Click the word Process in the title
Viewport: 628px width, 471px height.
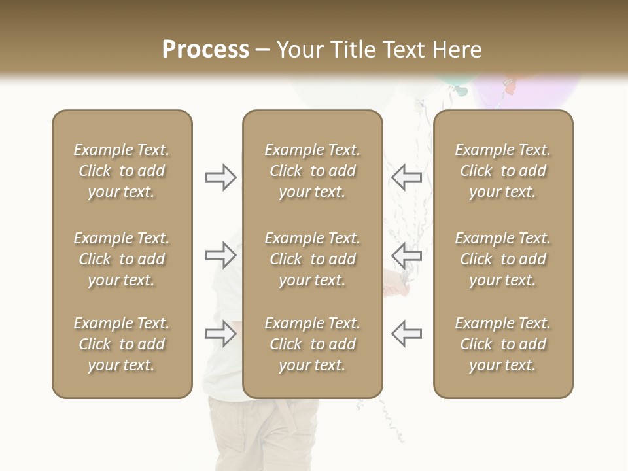click(x=205, y=50)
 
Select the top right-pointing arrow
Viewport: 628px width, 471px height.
click(x=221, y=177)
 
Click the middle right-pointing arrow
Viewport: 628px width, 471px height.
click(x=221, y=254)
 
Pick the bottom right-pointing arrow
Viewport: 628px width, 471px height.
click(x=221, y=334)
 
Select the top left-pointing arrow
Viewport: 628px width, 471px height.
click(x=406, y=177)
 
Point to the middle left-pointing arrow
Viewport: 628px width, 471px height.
click(x=406, y=254)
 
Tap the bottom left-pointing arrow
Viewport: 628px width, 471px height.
click(x=406, y=334)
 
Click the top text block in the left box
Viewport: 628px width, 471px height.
click(x=122, y=171)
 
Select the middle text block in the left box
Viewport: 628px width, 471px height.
click(x=122, y=259)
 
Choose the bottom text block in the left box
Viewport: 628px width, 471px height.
click(x=122, y=344)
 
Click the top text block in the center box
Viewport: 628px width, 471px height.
click(x=313, y=171)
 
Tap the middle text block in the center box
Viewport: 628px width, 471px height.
click(x=313, y=259)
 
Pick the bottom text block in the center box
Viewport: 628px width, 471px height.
click(x=313, y=344)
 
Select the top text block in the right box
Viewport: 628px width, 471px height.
click(x=503, y=171)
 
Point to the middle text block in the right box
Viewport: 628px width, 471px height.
click(x=503, y=259)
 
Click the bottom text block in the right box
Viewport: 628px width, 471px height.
click(x=503, y=344)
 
